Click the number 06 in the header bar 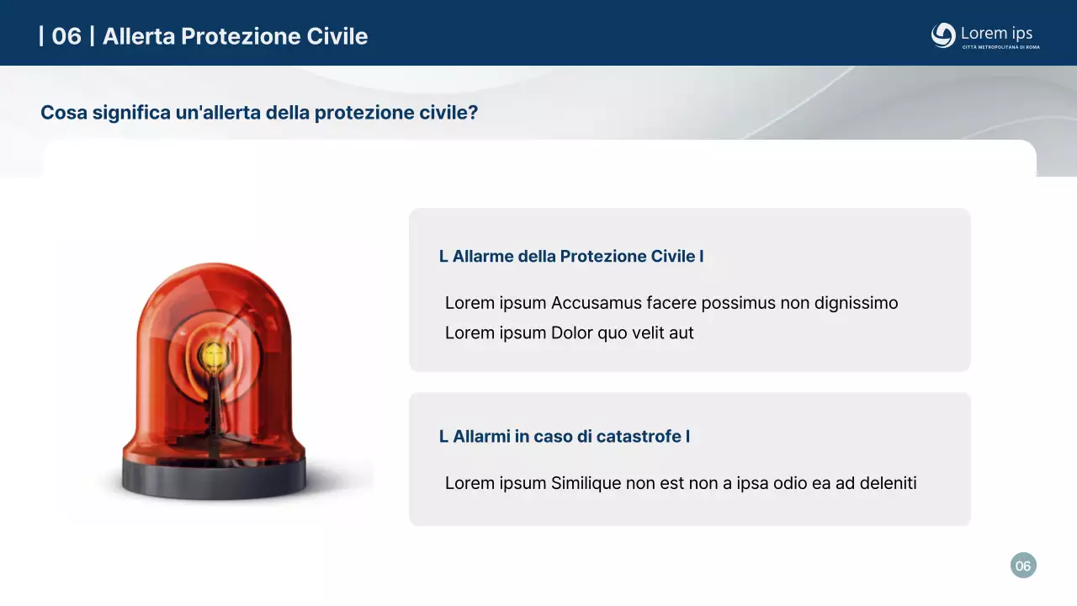click(x=66, y=36)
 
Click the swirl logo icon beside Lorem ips click(x=943, y=35)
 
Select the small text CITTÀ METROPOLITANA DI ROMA click(x=1000, y=47)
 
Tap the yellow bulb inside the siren click(x=213, y=356)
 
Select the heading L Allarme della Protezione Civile click(x=571, y=256)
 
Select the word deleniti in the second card click(x=888, y=483)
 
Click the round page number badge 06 click(x=1023, y=566)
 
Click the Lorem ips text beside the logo click(x=996, y=33)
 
